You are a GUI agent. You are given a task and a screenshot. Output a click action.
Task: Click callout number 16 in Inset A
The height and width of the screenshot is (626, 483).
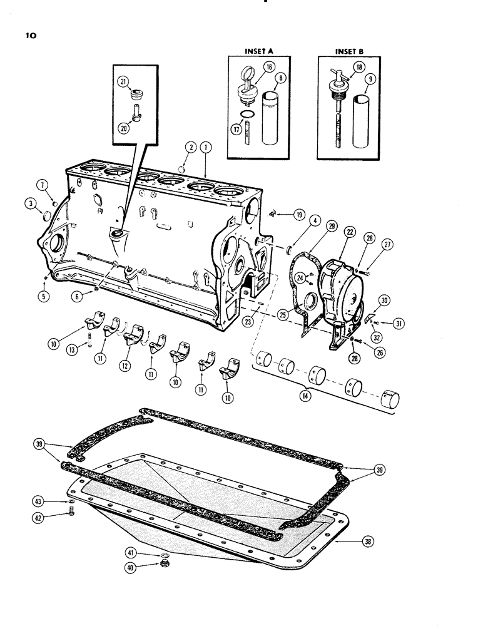pos(270,66)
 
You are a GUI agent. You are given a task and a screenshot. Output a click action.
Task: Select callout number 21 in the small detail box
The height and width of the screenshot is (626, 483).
pos(123,83)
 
